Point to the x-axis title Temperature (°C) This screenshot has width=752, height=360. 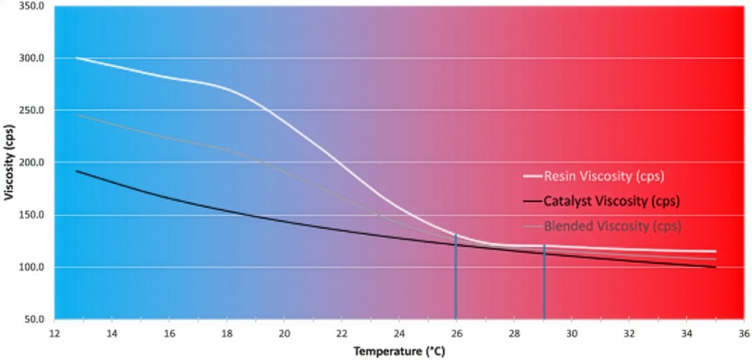pyautogui.click(x=398, y=350)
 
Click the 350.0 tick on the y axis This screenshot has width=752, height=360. pyautogui.click(x=32, y=6)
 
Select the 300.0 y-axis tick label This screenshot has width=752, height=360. pyautogui.click(x=32, y=58)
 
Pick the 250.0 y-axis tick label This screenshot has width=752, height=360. pyautogui.click(x=32, y=110)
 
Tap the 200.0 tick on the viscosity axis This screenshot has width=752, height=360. pyautogui.click(x=32, y=162)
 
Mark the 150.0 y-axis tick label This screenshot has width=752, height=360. pyautogui.click(x=32, y=215)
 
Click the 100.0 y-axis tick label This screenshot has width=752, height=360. pyautogui.click(x=32, y=267)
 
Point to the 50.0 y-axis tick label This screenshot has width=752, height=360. pyautogui.click(x=34, y=319)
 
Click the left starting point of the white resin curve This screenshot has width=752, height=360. pyautogui.click(x=76, y=58)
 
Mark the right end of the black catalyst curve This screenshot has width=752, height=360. pyautogui.click(x=715, y=267)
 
